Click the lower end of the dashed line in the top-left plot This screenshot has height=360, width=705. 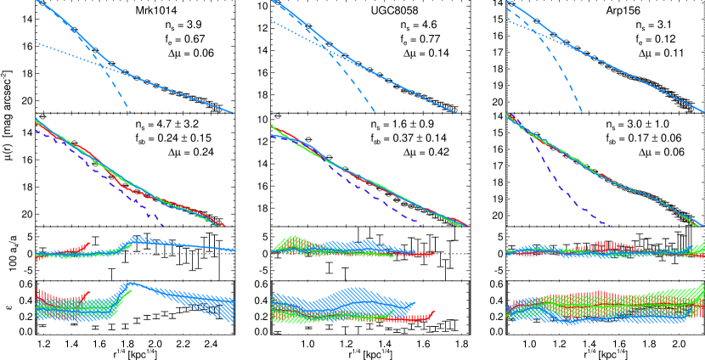pyautogui.click(x=131, y=113)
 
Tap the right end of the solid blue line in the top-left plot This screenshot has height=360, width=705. pyautogui.click(x=234, y=113)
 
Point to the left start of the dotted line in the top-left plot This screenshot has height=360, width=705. pyautogui.click(x=36, y=42)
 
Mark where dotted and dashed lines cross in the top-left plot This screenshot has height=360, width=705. pyautogui.click(x=101, y=65)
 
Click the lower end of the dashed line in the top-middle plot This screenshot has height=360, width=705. pyautogui.click(x=375, y=112)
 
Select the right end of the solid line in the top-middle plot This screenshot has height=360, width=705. pyautogui.click(x=454, y=113)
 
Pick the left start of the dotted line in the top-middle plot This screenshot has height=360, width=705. pyautogui.click(x=271, y=20)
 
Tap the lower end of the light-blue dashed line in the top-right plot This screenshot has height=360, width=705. pyautogui.click(x=582, y=112)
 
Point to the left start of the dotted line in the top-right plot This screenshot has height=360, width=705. pyautogui.click(x=506, y=20)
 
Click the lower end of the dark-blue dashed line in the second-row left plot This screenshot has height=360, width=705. pyautogui.click(x=162, y=225)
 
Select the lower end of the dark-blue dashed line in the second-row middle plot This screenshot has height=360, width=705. pyautogui.click(x=421, y=225)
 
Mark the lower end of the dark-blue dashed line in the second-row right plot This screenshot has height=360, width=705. pyautogui.click(x=610, y=225)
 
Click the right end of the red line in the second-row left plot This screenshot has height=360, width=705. pyautogui.click(x=223, y=225)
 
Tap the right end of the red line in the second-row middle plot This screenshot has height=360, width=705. pyautogui.click(x=466, y=225)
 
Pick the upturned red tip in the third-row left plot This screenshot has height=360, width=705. pyautogui.click(x=89, y=243)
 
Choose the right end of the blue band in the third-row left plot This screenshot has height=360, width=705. pyautogui.click(x=235, y=250)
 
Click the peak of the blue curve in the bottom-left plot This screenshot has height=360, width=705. pyautogui.click(x=132, y=283)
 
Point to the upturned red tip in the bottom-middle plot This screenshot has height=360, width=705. pyautogui.click(x=433, y=312)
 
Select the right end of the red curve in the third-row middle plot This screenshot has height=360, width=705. pyautogui.click(x=433, y=252)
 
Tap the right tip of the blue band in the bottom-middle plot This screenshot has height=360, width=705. pyautogui.click(x=415, y=303)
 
